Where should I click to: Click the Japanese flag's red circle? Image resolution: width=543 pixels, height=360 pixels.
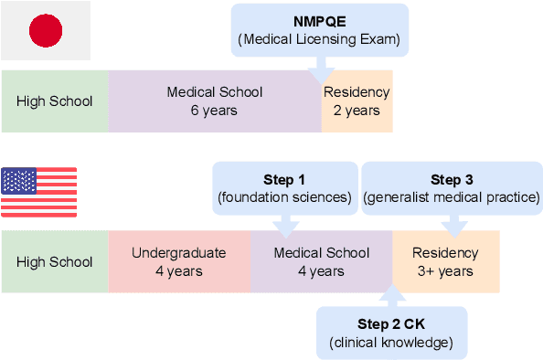45,32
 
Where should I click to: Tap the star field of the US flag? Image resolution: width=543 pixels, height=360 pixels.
19,181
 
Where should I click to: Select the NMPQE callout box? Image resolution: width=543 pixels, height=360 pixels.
319,29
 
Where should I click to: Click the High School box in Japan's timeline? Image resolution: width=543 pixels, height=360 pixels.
55,101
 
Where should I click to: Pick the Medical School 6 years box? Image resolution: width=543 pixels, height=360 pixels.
215,101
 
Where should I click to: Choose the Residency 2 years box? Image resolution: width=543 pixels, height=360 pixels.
357,101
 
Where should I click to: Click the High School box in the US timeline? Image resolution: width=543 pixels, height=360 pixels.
55,262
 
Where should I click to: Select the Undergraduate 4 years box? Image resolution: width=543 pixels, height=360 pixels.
179,262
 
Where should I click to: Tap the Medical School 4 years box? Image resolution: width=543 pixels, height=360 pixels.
322,262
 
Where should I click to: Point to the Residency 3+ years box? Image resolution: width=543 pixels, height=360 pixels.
445,262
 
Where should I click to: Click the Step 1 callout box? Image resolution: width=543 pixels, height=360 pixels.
285,188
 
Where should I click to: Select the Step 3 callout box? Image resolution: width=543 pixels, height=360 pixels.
452,188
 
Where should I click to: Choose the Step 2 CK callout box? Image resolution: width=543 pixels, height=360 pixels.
391,334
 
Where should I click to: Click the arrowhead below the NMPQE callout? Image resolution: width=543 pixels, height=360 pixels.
320,77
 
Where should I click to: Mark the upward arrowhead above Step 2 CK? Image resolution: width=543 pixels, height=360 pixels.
391,297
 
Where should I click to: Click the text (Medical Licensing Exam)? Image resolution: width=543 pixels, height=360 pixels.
319,39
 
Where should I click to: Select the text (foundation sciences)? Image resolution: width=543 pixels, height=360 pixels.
285,197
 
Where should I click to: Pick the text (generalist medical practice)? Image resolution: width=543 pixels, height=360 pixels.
452,197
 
